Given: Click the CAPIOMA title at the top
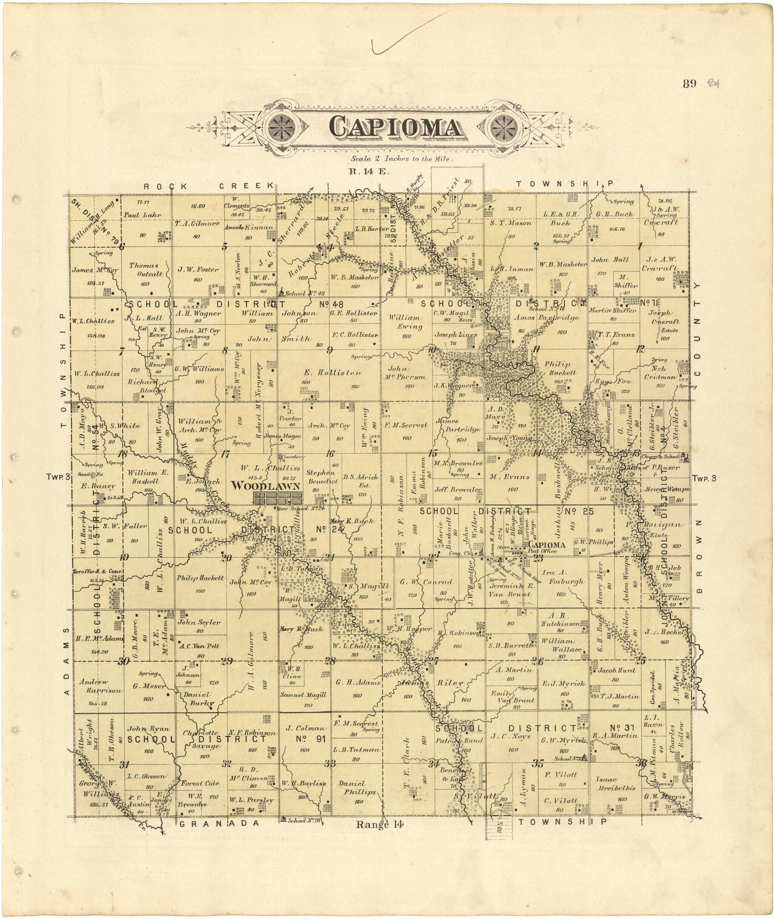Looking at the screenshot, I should (x=395, y=128).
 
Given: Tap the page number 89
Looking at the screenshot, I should (x=689, y=83).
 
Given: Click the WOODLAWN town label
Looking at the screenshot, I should (x=266, y=486).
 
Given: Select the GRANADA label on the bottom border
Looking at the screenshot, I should (x=220, y=824).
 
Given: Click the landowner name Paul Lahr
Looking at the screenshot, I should (x=142, y=215).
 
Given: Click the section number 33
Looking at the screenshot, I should (x=330, y=764).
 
